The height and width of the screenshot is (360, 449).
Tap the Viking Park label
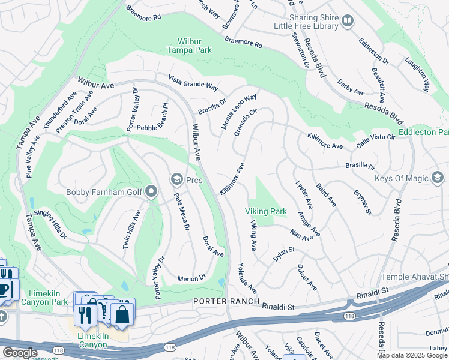[x=265, y=212]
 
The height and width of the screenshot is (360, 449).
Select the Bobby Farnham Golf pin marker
[x=151, y=192]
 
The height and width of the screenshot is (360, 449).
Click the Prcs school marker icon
[x=176, y=179]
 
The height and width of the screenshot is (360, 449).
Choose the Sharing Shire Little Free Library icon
[x=347, y=22]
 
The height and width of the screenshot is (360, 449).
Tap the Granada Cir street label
[x=246, y=122]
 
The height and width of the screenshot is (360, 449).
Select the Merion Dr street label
[x=192, y=278]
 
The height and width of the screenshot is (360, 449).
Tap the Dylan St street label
[x=283, y=253]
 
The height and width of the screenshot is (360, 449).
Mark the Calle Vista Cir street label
[x=376, y=140]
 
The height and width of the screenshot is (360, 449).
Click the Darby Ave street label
[x=351, y=88]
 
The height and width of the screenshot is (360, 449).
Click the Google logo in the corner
[x=20, y=353]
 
